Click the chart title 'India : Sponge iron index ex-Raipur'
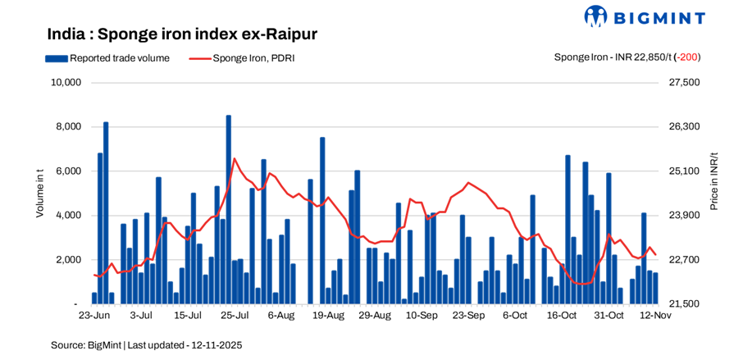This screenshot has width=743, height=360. coord(182,34)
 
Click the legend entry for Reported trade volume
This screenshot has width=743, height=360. coord(107,58)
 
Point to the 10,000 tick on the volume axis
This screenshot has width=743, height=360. coord(65,83)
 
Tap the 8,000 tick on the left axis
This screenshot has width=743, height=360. coord(67,127)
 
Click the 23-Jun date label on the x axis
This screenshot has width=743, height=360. coord(94,316)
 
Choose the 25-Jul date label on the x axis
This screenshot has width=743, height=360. coord(235,316)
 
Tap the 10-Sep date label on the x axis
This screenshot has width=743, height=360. coord(422,316)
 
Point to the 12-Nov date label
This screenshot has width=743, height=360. coord(654,316)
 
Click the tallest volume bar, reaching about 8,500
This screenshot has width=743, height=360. coord(228,209)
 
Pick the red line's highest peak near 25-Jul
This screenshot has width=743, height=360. coord(235,158)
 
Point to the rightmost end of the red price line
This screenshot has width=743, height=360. coord(655,254)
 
